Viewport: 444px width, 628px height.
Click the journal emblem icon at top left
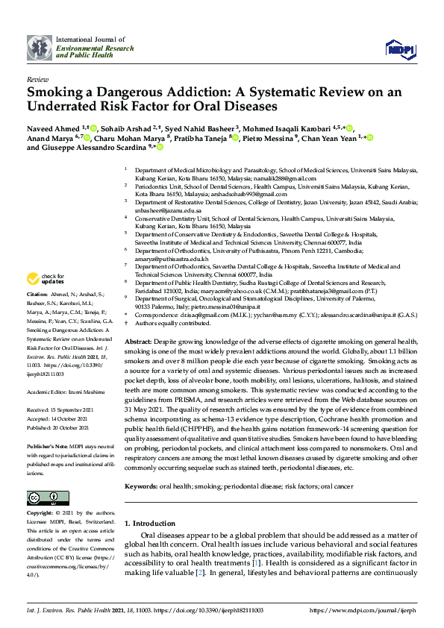[x=39, y=48]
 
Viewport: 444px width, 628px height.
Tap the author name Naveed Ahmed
[x=53, y=128]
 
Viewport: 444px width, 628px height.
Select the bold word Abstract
[x=140, y=339]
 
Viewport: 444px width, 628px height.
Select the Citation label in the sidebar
[x=38, y=295]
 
